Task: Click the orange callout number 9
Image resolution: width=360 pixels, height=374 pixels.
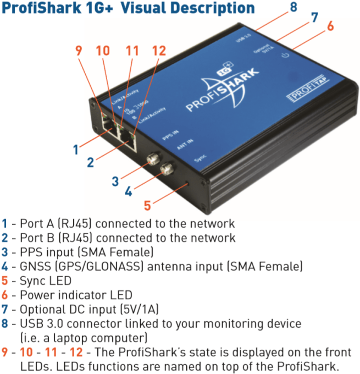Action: pos(79,50)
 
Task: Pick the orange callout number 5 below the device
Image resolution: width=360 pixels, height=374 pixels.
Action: pos(147,206)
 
